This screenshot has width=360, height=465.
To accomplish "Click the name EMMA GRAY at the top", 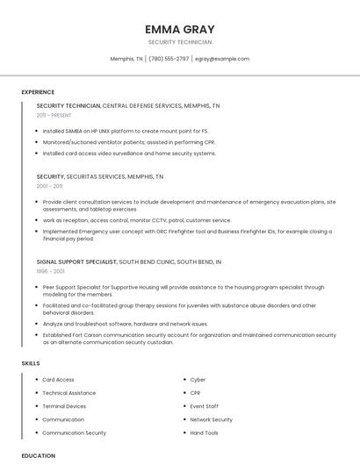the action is (179, 29).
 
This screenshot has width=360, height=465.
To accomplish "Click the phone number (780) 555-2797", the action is (169, 59).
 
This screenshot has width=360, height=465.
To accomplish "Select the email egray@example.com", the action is (222, 59).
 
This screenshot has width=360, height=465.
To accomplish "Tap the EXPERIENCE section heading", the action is (38, 92).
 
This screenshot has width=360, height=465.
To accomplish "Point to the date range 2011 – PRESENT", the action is (54, 115).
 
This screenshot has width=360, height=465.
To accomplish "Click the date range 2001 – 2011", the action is (49, 186).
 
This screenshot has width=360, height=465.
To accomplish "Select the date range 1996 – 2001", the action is (49, 271).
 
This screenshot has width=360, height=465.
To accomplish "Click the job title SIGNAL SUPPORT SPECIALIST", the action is (76, 261).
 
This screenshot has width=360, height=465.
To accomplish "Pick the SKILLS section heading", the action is (31, 362).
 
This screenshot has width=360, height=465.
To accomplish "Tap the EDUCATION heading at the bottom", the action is (39, 455).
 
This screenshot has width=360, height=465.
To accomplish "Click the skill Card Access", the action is (58, 380).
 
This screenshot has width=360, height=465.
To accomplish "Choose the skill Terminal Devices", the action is (64, 406).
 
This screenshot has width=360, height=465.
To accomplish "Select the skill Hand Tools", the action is (204, 433).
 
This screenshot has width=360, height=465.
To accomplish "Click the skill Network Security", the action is (211, 419).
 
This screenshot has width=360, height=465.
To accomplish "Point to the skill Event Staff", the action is (204, 406).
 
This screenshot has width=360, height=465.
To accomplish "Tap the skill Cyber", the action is (198, 380).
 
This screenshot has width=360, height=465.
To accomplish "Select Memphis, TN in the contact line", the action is (126, 59).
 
